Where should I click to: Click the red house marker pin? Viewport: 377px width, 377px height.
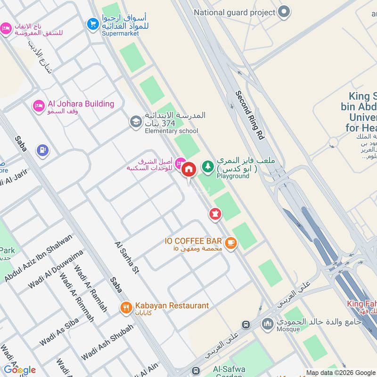tap(188, 169)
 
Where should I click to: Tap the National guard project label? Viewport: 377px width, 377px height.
tap(234, 12)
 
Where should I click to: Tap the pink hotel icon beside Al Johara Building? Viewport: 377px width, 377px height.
tap(39, 106)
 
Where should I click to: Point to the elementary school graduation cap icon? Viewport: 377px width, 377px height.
tap(136, 122)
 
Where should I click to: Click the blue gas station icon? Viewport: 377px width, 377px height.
tap(42, 150)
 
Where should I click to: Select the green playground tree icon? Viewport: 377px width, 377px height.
tap(207, 166)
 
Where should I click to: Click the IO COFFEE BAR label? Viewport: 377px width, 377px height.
tap(193, 241)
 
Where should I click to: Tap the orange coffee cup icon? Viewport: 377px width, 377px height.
tap(230, 243)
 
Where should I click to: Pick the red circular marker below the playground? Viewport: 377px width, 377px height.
tap(215, 213)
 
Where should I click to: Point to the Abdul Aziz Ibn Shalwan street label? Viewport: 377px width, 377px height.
tap(39, 258)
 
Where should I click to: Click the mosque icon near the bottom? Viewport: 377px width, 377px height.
tap(268, 324)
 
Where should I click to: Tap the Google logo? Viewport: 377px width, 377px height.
tap(20, 369)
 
